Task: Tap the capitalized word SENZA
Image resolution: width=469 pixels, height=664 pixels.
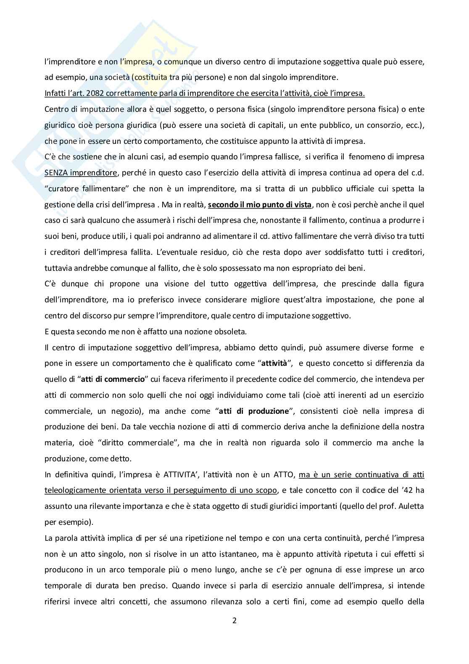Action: [56, 173]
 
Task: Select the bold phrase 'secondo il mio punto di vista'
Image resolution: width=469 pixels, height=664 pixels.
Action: [260, 205]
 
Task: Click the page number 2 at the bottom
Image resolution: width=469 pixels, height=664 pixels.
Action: [234, 620]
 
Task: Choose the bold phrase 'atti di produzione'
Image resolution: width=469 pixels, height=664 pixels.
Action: [254, 411]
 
